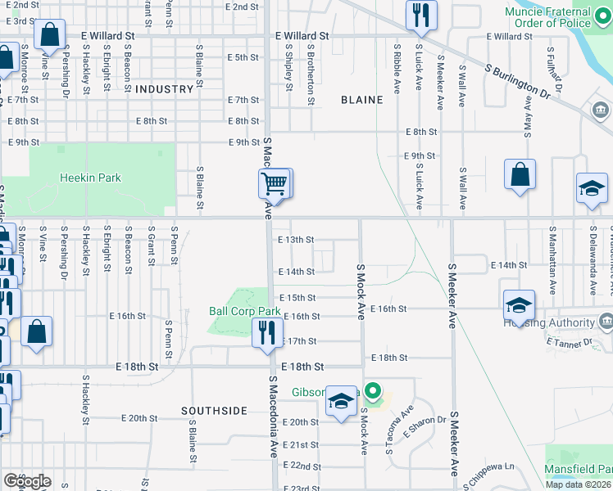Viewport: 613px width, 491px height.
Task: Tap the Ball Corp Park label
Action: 245,312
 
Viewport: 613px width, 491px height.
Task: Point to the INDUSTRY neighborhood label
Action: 164,88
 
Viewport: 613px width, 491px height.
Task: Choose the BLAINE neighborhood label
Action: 361,100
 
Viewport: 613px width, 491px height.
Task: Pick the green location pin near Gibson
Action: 373,394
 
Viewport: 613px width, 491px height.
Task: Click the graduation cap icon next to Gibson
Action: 342,400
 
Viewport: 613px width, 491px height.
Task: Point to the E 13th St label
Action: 296,240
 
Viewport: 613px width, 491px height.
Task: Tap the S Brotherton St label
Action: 311,84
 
